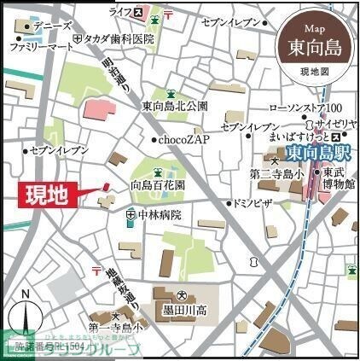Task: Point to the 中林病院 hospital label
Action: [159, 214]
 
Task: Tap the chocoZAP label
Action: [182, 139]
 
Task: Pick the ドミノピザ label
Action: [253, 204]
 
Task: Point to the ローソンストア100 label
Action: [305, 108]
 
